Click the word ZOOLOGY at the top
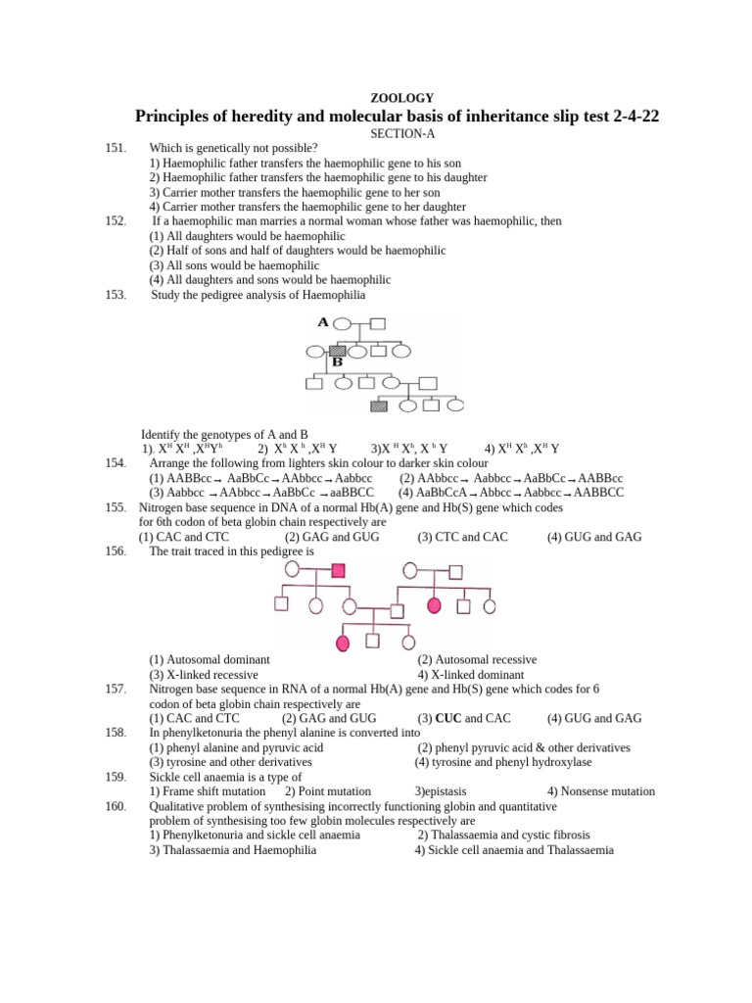[x=401, y=97]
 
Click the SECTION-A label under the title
[x=401, y=132]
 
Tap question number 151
[x=116, y=148]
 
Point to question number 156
[x=116, y=551]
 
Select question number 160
[x=116, y=806]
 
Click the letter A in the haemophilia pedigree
[x=323, y=321]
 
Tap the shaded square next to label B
[x=338, y=350]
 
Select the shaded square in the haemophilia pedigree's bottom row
[x=378, y=405]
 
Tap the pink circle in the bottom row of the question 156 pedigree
[x=343, y=643]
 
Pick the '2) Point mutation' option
[x=327, y=791]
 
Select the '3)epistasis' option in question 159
[x=441, y=791]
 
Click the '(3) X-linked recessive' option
[x=204, y=675]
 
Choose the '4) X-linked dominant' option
[x=471, y=675]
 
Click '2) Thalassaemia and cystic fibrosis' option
[x=504, y=836]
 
